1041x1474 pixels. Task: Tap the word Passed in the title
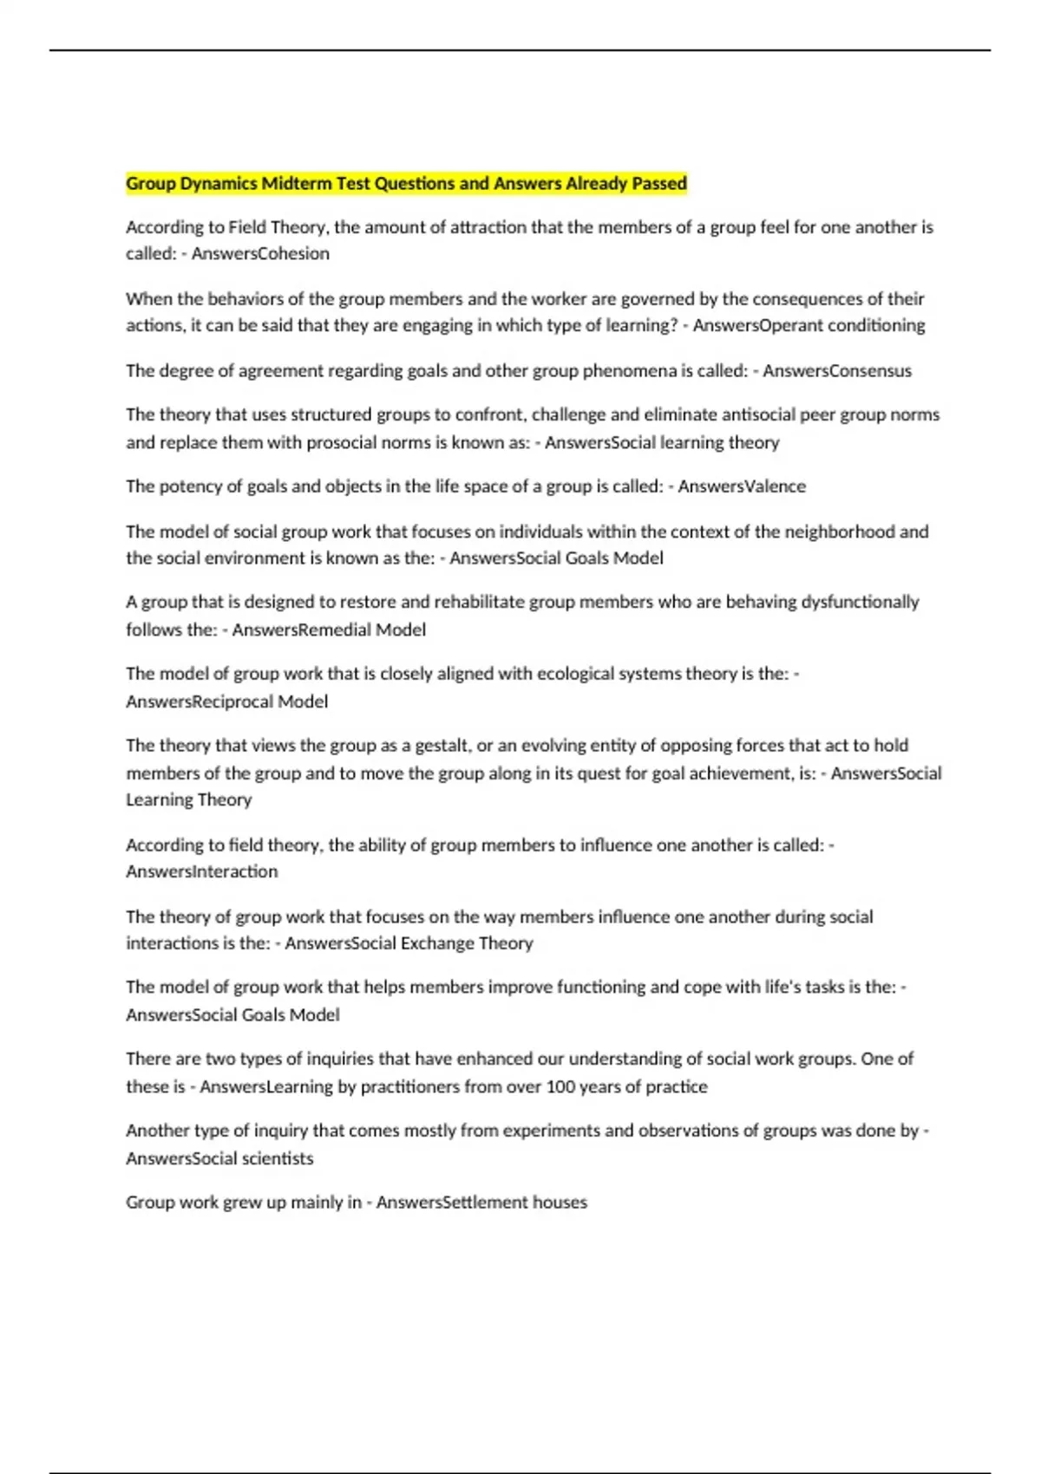pos(658,184)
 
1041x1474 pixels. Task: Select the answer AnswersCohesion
pos(260,254)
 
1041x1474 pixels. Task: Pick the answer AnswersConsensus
pos(837,371)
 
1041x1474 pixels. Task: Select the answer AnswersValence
pos(742,486)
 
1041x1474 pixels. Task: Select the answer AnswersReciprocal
pos(199,701)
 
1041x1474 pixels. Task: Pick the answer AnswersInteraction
pos(202,871)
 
